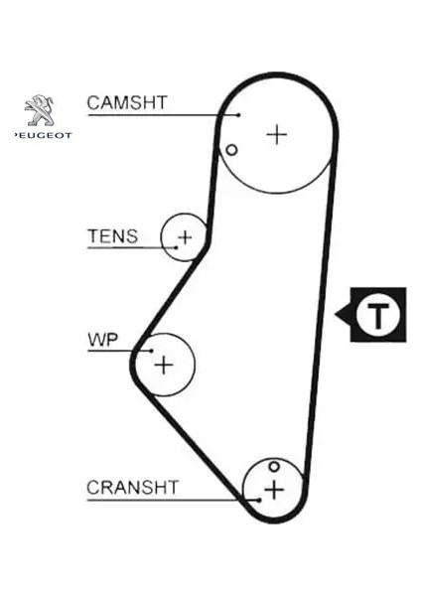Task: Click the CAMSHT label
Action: tap(127, 102)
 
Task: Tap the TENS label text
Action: tap(113, 236)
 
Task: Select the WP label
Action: tap(103, 340)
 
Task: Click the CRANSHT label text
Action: tap(133, 488)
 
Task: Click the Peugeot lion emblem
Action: tap(39, 110)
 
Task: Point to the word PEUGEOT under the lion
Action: tap(43, 135)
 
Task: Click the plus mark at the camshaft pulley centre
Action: tap(277, 134)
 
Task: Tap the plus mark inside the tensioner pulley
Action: tap(185, 237)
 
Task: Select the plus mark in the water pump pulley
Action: tap(164, 365)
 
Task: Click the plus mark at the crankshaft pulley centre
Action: tap(274, 490)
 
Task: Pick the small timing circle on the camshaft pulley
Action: tap(231, 150)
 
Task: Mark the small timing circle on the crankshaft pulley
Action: tap(274, 467)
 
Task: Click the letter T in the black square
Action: tap(378, 316)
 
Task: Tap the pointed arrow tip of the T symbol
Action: tap(336, 314)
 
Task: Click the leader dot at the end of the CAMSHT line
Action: tap(238, 115)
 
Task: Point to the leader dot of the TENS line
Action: tap(177, 247)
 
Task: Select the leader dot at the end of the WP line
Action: tap(151, 351)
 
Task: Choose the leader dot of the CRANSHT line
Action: tap(259, 500)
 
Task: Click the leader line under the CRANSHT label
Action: tap(173, 500)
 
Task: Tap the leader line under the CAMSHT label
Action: tap(164, 114)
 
